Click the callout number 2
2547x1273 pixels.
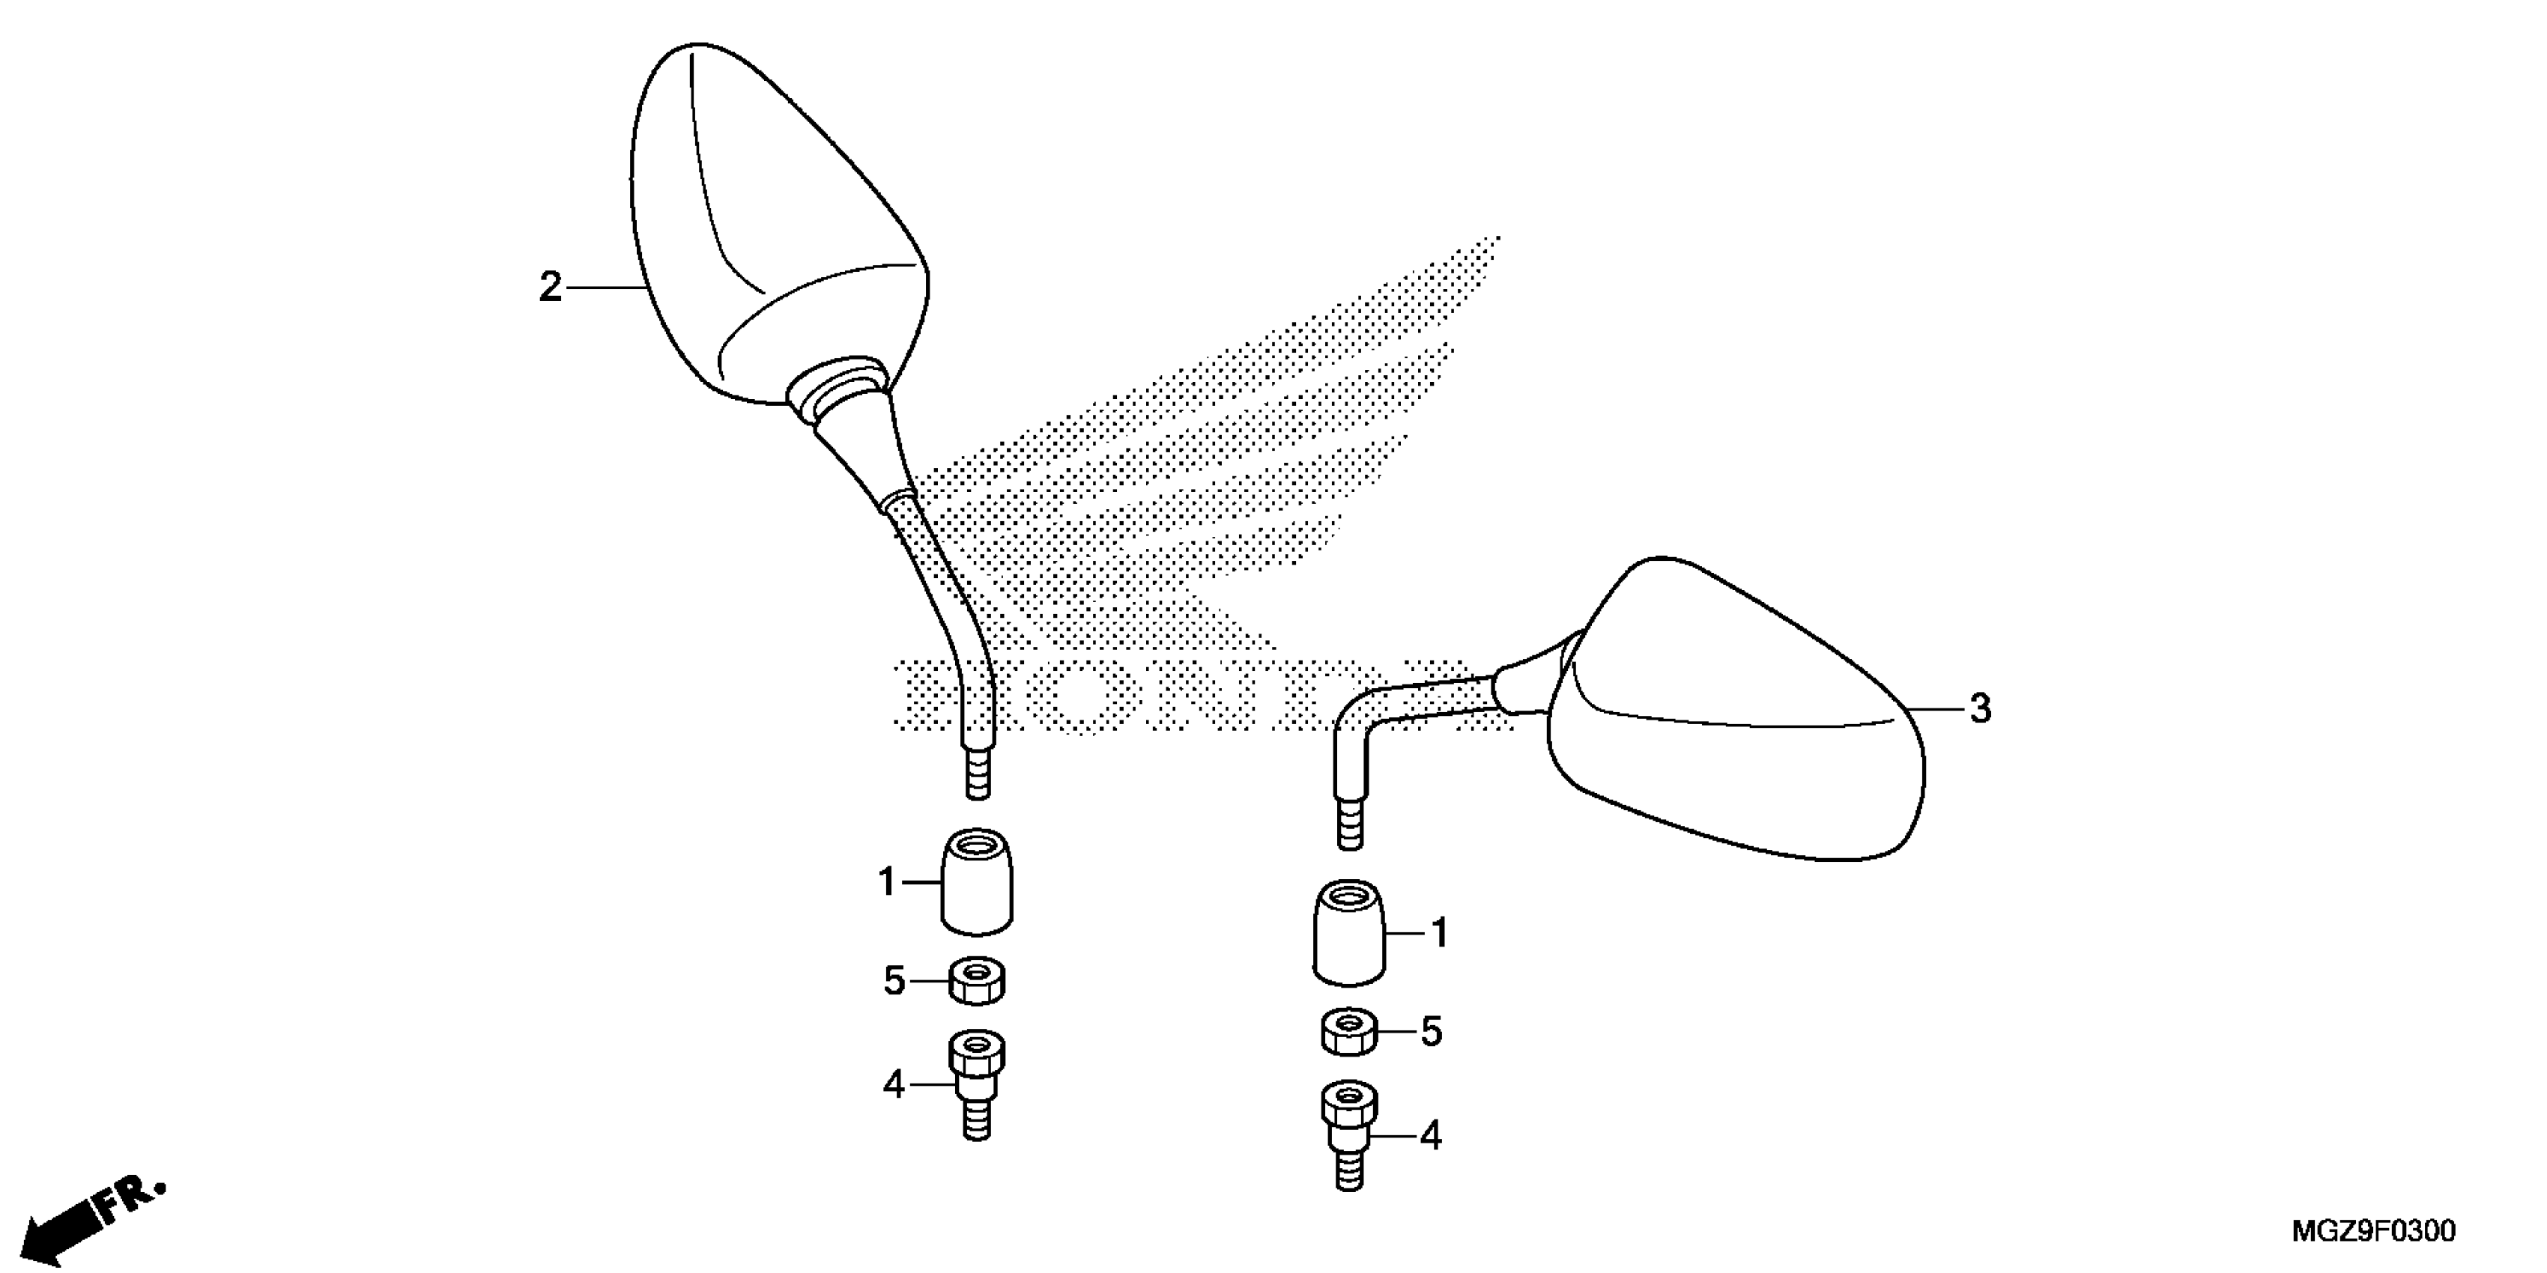click(x=550, y=288)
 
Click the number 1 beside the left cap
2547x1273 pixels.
click(x=887, y=881)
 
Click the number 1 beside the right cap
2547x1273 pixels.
click(x=1440, y=933)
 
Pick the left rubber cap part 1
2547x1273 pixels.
click(x=977, y=881)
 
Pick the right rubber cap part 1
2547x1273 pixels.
click(x=1348, y=933)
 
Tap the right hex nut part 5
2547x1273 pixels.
click(x=1348, y=1033)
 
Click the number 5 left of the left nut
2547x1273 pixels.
click(x=894, y=982)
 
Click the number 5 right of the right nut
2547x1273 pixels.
click(x=1431, y=1033)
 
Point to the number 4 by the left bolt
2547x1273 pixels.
click(x=894, y=1085)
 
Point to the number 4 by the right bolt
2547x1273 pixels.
click(x=1431, y=1137)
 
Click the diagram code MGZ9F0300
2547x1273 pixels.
click(x=2373, y=1232)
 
